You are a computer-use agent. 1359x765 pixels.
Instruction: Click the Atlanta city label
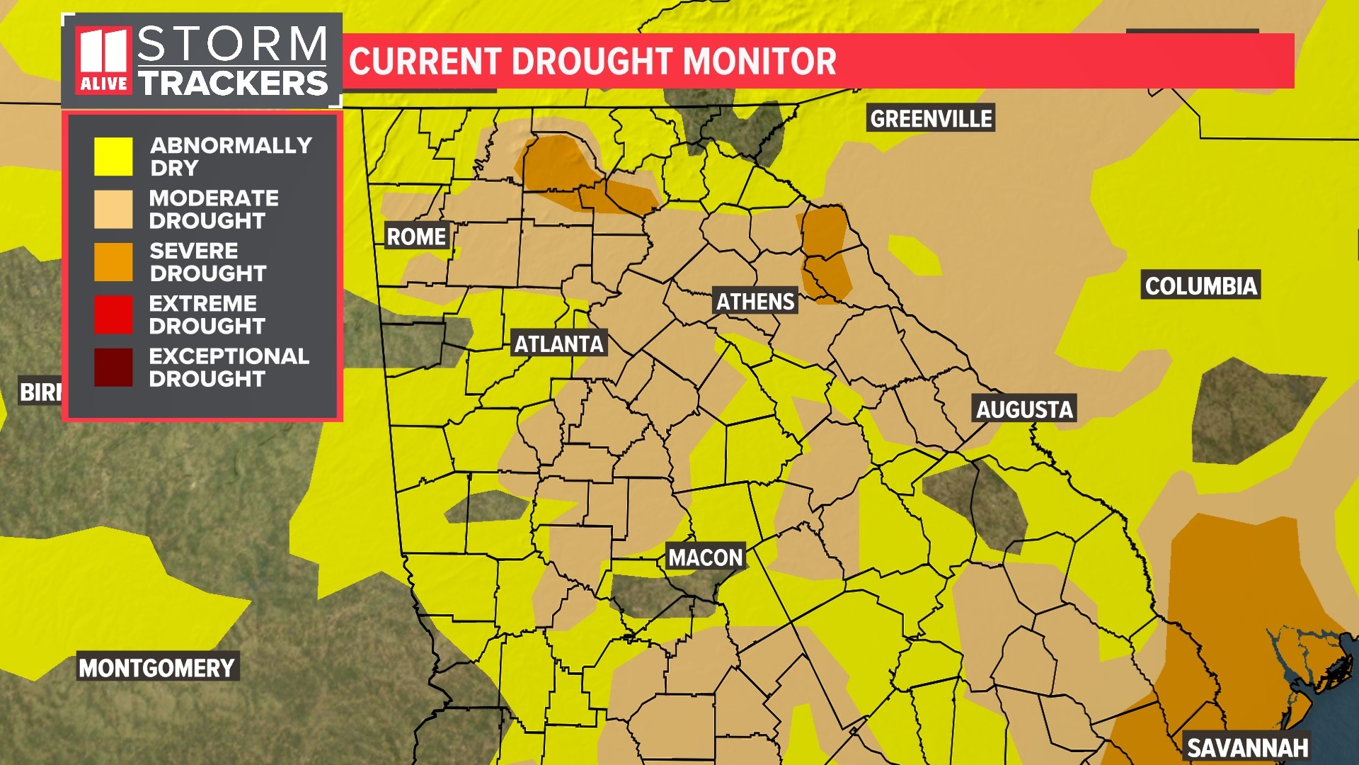click(558, 344)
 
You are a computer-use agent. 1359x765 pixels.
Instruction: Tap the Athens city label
click(755, 302)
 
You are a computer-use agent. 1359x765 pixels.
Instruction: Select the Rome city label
click(416, 237)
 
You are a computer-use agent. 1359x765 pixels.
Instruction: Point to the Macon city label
click(706, 558)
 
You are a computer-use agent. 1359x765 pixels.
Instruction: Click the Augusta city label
click(1024, 409)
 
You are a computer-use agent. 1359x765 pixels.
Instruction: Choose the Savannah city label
click(1247, 748)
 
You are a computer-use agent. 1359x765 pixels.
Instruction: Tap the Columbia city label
click(1200, 286)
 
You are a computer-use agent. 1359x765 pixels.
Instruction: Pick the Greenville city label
click(931, 119)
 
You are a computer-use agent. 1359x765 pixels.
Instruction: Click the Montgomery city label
click(156, 668)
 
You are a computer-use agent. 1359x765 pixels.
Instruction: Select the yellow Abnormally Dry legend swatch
click(113, 157)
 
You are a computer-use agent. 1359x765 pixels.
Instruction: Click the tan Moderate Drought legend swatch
click(113, 209)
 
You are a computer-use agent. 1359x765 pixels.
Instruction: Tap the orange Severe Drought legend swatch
click(113, 262)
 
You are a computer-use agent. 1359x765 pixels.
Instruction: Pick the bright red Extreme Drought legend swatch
click(113, 314)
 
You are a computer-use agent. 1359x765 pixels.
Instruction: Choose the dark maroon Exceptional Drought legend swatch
click(113, 367)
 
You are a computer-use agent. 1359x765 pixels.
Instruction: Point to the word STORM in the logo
click(232, 44)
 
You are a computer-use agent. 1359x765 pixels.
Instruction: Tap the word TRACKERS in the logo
click(234, 84)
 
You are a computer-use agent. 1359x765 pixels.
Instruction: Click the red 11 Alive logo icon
click(103, 61)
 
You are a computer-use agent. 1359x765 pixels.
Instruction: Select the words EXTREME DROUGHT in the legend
click(207, 314)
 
